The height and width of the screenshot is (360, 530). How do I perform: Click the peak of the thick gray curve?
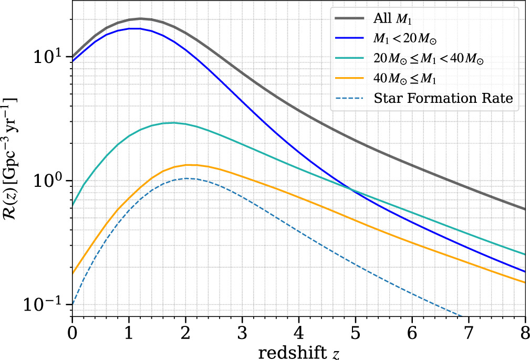pos(140,18)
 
